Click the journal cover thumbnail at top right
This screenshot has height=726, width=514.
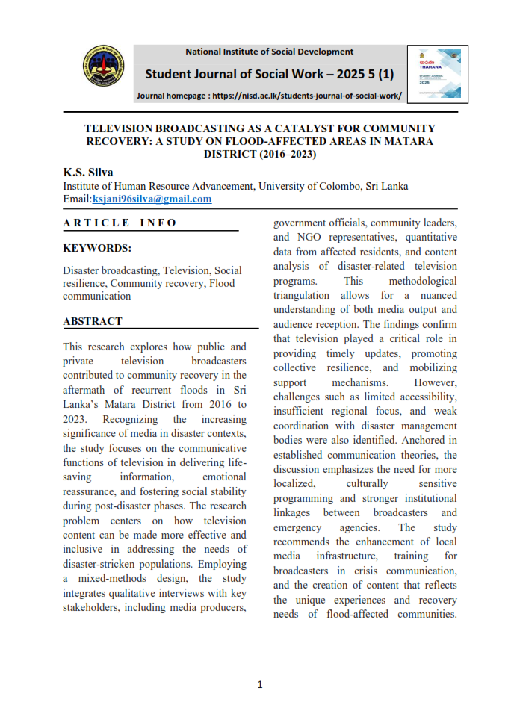[x=437, y=74]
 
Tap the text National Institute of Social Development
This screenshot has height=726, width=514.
[x=270, y=52]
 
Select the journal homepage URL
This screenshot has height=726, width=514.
[x=307, y=96]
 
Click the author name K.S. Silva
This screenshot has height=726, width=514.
[x=87, y=173]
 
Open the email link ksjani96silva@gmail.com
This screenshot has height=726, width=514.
[x=152, y=199]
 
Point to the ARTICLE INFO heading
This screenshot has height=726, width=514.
[x=120, y=223]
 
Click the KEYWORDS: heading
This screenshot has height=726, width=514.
[x=97, y=248]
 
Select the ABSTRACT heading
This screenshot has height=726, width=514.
[x=93, y=321]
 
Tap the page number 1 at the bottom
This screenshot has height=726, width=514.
[x=260, y=684]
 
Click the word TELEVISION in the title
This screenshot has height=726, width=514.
[x=124, y=128]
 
